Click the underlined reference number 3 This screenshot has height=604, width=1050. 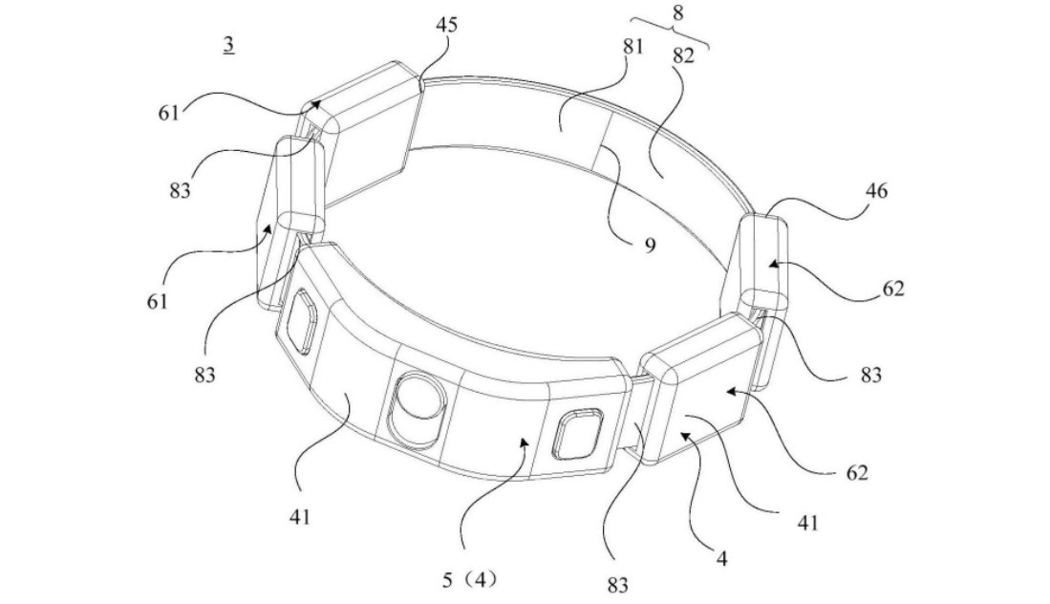229,45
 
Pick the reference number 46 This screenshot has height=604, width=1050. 877,191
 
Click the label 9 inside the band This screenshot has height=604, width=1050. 651,245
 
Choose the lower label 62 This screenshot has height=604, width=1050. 856,471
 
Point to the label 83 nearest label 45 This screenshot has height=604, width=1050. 177,189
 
